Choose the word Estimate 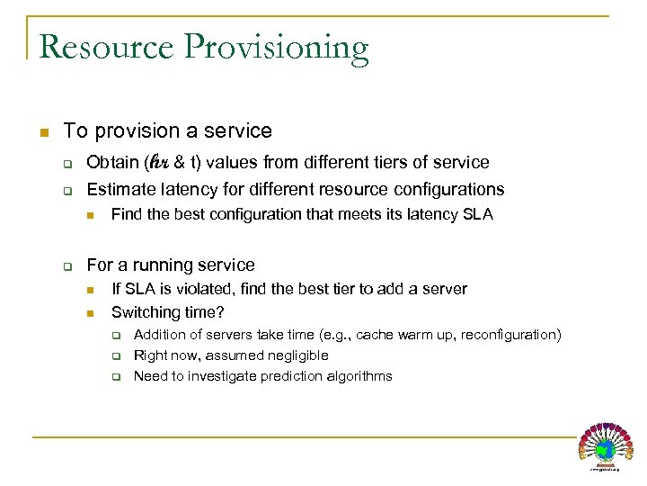[120, 190]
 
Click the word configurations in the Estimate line [447, 190]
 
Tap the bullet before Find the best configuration [91, 216]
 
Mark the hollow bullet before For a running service [66, 266]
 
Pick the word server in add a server [445, 289]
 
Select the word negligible [295, 355]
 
